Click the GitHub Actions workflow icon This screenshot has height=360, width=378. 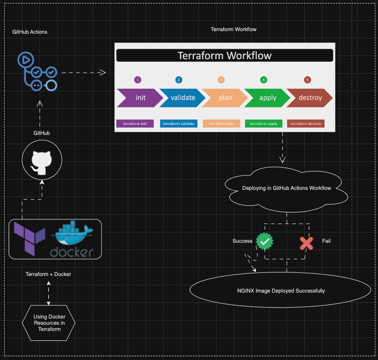coord(38,71)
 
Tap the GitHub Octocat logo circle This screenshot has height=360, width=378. coord(42,160)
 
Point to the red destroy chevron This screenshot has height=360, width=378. coord(309,98)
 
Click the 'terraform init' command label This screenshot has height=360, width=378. coord(134,123)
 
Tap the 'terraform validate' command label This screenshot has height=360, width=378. coord(178,123)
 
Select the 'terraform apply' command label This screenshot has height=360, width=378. coord(263,123)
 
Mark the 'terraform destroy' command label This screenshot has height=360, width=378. coord(306,123)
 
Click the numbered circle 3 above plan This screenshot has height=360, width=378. coord(221,80)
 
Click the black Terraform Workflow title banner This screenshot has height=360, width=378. coord(224,56)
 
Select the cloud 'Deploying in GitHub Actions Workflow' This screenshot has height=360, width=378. coord(286,188)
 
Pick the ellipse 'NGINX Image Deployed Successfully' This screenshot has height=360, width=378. coord(277,290)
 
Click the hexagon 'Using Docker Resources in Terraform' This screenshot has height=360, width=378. coord(49,323)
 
